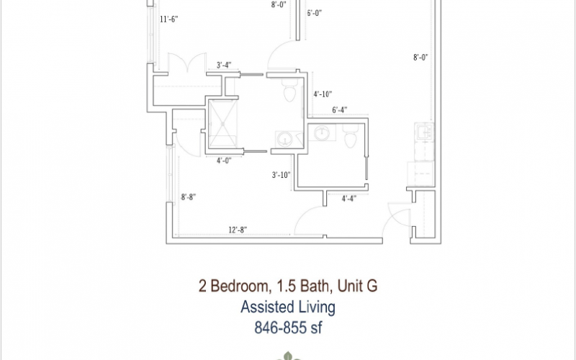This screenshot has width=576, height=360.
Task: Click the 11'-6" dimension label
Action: pos(169,19)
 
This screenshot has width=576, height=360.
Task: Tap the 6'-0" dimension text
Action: pos(315,13)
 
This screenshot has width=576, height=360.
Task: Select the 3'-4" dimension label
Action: pos(224,65)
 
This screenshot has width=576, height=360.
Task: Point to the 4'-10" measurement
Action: pos(323,94)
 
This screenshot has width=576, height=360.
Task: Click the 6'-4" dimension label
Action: pos(340,110)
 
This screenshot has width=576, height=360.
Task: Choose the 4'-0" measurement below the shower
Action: pos(224,161)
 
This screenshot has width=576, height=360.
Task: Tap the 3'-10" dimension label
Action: pos(281,175)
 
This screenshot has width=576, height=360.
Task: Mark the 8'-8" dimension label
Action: pos(189,197)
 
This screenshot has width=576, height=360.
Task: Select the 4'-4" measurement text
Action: pos(349,199)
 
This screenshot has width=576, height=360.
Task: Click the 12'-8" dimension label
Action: pos(238,230)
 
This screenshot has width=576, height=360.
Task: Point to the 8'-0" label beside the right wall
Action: pos(420,58)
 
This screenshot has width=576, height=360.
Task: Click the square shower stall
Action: pos(222,123)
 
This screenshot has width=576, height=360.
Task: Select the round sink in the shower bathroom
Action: pos(284,139)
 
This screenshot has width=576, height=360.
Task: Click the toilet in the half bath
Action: pos(351,136)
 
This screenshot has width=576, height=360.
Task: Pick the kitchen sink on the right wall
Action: pos(424,132)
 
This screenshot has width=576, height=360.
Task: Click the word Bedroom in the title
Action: pos(240,286)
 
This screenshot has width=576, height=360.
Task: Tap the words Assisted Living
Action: pos(287,307)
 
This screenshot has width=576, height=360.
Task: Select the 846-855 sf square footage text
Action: pos(288,328)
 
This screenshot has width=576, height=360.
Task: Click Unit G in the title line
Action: pos(357,286)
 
